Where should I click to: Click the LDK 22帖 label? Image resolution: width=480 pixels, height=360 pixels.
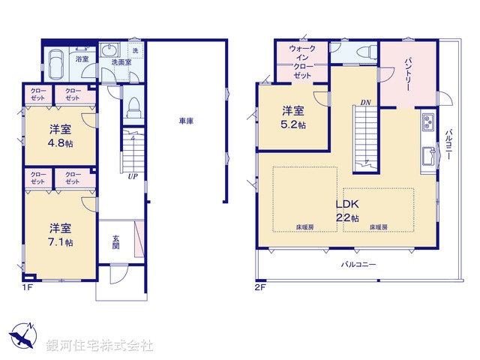pos(346,210)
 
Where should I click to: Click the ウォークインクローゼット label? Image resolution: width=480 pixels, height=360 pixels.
pos(303,62)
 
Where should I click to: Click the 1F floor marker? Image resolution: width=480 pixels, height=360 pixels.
pos(26,286)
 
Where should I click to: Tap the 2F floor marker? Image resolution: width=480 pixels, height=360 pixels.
pos(259,286)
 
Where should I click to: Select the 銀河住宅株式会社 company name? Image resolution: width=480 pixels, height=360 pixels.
pos(100,346)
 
